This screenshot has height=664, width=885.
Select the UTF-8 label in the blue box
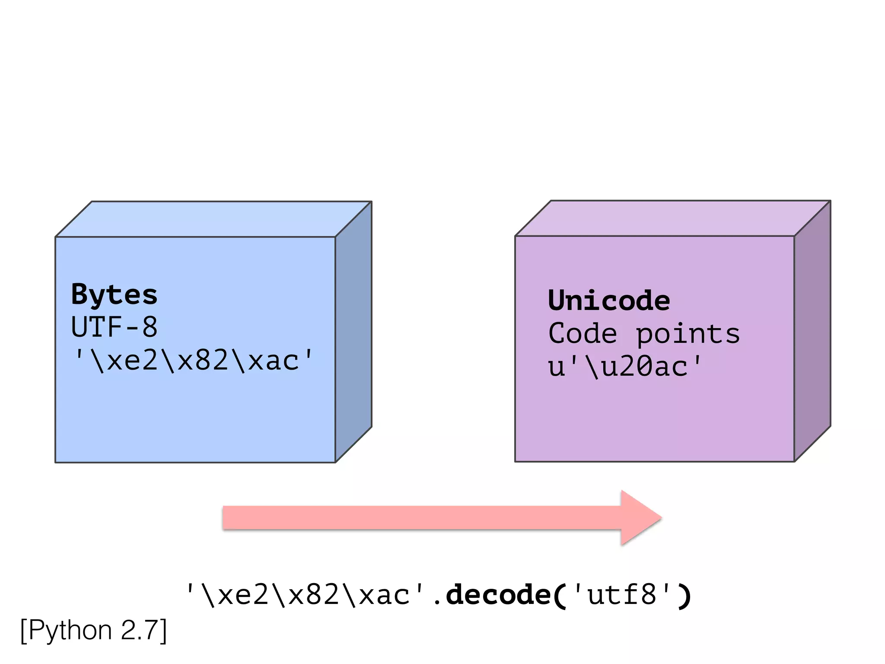pos(114,327)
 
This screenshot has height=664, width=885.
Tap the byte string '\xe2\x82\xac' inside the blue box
pos(193,360)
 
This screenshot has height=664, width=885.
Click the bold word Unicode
pos(609,300)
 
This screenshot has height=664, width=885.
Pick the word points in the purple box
pos(688,334)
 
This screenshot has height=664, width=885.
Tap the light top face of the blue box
pos(214,219)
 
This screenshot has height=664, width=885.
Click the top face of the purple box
pos(673,218)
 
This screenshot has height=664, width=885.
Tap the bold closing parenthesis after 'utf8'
pos(684,596)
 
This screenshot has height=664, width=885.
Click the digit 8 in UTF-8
pos(150,327)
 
